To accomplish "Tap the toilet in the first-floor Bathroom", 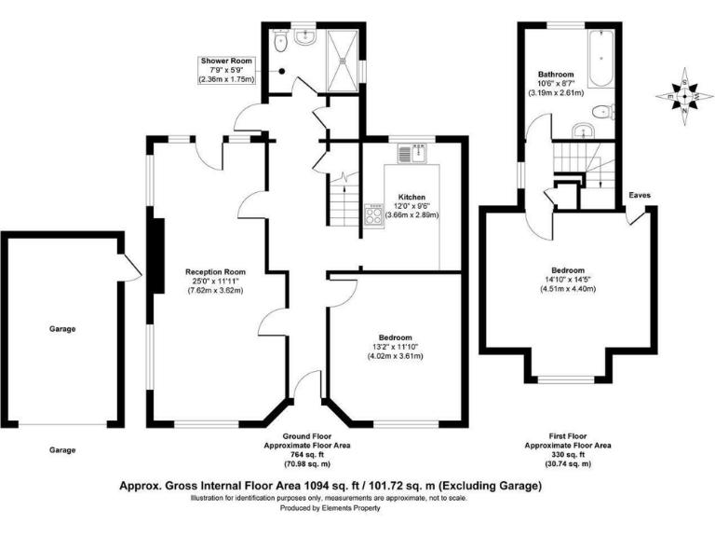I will [x=606, y=112].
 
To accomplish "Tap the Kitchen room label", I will [x=411, y=198].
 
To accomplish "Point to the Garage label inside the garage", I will [x=62, y=329].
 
